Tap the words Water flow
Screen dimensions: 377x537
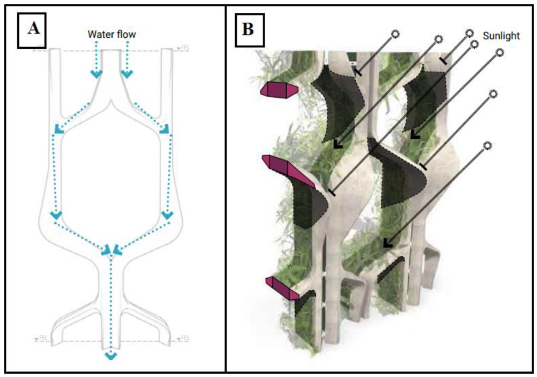pos(112,34)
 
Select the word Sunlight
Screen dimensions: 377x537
pos(501,36)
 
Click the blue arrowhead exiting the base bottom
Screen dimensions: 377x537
pos(111,355)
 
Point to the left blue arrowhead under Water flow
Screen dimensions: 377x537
pos(97,72)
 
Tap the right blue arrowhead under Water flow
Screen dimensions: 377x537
pos(127,72)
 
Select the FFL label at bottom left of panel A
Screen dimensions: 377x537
pos(40,338)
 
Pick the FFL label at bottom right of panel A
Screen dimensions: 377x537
pos(184,338)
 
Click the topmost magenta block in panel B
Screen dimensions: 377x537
pos(279,89)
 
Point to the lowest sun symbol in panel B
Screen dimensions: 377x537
pos(488,145)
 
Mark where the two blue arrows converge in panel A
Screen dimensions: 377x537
pos(111,250)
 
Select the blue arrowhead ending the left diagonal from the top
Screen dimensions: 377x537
pos(58,130)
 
